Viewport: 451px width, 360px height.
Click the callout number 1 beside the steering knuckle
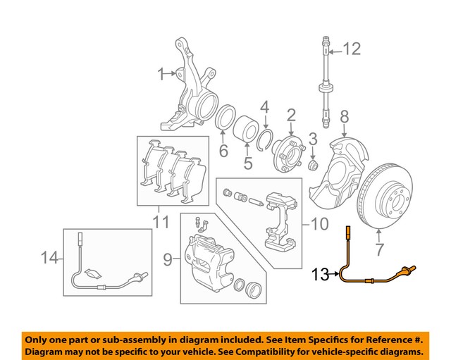[161, 72]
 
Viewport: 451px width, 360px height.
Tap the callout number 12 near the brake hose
[351, 49]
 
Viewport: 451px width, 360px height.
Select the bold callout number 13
[320, 275]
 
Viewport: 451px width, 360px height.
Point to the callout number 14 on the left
[49, 259]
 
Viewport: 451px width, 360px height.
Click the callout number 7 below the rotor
[380, 249]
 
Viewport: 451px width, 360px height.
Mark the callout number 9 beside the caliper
[168, 261]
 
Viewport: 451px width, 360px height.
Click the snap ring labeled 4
[266, 138]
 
